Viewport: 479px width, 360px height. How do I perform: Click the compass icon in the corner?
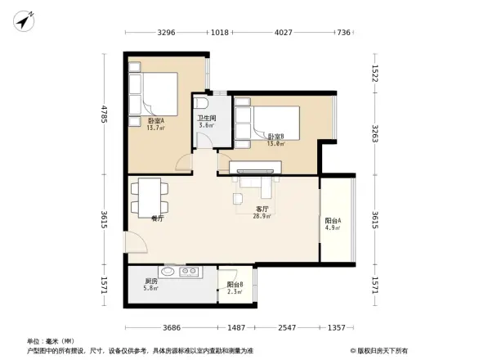tap(24, 19)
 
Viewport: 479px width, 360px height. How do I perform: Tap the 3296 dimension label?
tap(167, 33)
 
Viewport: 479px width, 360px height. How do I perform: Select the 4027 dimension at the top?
tap(283, 33)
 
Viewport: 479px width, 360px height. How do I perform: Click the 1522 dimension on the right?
tap(374, 73)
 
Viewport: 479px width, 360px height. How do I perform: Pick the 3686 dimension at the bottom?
tap(171, 327)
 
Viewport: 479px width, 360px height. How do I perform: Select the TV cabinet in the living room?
tap(256, 169)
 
